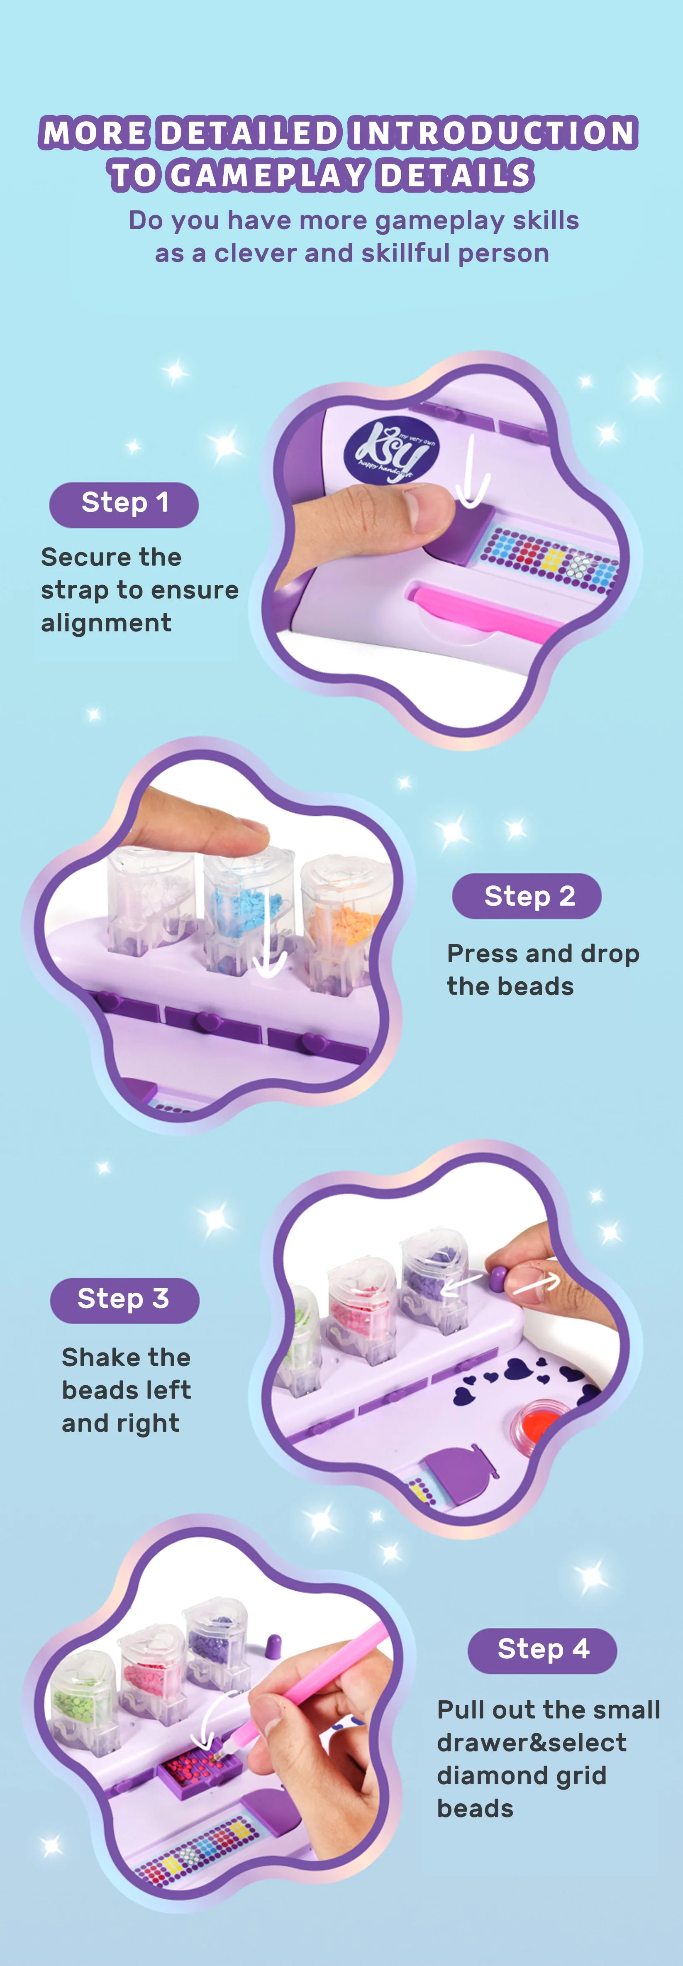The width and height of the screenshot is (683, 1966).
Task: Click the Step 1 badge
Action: (124, 504)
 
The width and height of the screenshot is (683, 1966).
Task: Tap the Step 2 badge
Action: (527, 896)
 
